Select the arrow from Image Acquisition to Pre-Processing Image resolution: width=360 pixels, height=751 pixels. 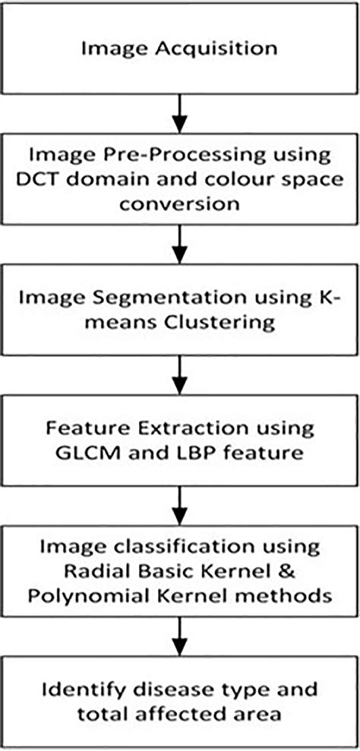point(179,109)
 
